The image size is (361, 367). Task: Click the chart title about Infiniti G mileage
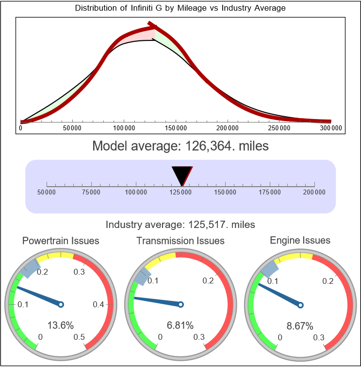[180, 8]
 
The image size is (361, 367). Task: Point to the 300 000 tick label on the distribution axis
[331, 128]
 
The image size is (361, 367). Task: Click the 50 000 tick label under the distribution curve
[72, 128]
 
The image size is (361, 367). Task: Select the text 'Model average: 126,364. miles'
[180, 145]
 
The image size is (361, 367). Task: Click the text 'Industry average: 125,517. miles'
[180, 225]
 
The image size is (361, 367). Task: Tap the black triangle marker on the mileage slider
[182, 174]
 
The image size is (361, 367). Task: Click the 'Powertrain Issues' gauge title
[61, 241]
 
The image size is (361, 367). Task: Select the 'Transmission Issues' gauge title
[180, 241]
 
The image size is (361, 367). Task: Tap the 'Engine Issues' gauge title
[300, 240]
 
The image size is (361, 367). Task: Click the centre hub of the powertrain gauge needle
[61, 304]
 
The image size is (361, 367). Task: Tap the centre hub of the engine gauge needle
[300, 304]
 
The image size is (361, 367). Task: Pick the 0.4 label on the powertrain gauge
[98, 305]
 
